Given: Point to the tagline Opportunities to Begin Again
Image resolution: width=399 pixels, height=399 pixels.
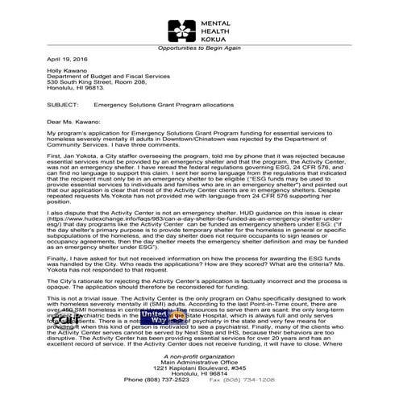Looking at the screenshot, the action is [x=198, y=48].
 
